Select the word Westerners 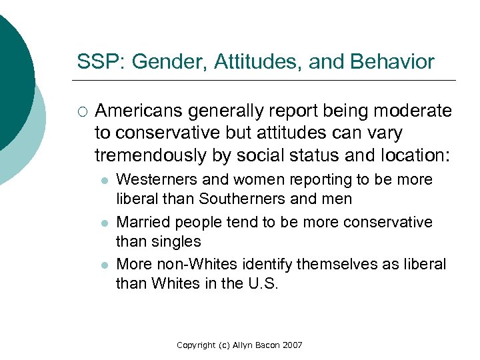coord(157,180)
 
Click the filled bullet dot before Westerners coord(105,181)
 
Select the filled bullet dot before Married coord(105,223)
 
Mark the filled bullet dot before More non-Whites coord(105,265)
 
